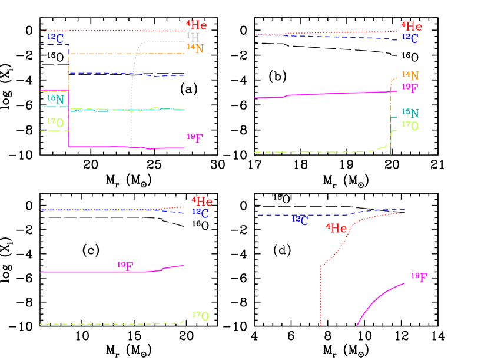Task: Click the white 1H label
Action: tap(193, 37)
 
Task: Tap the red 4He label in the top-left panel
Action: tap(197, 25)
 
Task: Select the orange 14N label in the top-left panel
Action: tap(195, 48)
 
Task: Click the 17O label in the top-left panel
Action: tap(55, 123)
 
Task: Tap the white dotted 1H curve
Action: tap(134, 71)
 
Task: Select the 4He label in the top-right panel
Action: tap(412, 27)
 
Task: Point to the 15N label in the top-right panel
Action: tap(410, 113)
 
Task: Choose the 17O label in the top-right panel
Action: tap(410, 125)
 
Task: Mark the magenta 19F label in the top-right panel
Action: tap(410, 88)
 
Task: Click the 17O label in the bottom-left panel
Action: tap(201, 316)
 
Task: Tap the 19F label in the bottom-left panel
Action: tap(125, 266)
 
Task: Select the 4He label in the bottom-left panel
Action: tap(202, 202)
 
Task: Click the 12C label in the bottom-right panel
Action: tap(300, 220)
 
